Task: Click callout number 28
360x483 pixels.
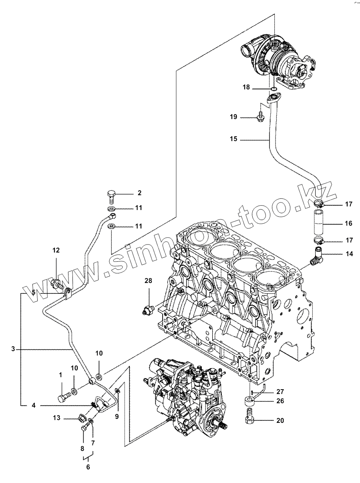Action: coord(148,281)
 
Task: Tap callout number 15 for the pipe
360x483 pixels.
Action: coord(233,139)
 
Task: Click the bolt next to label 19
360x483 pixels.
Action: coord(259,117)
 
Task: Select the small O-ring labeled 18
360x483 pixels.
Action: coord(273,88)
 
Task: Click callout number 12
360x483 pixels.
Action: coord(56,250)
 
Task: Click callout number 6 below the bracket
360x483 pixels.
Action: coord(88,467)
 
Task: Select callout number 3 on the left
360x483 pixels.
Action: coord(13,349)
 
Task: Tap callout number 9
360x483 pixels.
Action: coord(117,416)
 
